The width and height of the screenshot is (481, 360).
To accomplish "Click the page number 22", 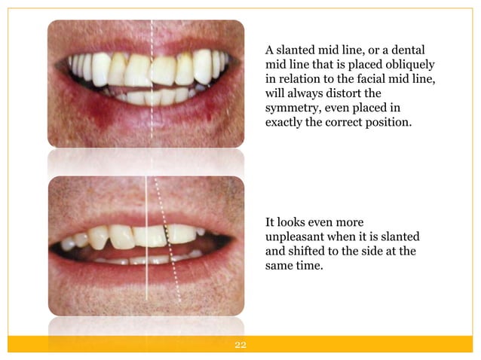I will [241, 346].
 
